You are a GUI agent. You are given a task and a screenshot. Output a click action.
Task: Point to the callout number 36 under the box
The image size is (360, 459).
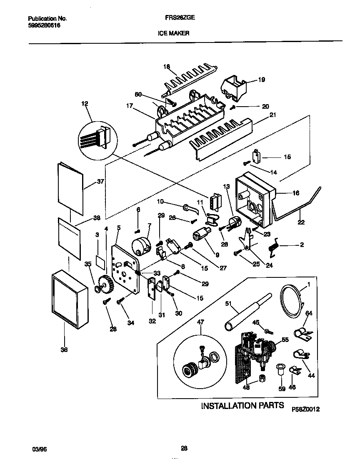tap(64, 350)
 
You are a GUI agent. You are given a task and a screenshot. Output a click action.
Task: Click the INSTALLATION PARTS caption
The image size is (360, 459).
tap(242, 405)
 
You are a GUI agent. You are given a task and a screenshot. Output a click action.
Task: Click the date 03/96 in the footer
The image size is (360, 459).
tap(38, 449)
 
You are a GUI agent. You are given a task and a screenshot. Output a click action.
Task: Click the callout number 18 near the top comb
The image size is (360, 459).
tap(167, 67)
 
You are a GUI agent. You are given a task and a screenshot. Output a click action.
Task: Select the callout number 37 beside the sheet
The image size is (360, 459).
tap(100, 182)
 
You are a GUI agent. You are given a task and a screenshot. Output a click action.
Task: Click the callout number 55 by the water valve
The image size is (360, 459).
tap(285, 340)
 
